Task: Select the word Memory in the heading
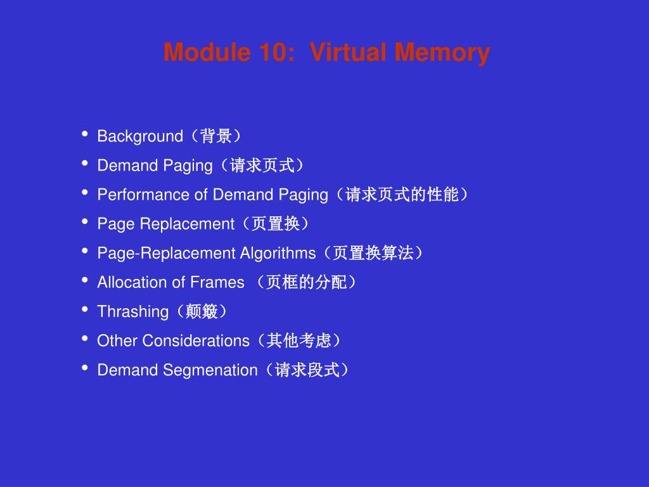click(x=442, y=52)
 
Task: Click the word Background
click(x=139, y=136)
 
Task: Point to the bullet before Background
click(x=85, y=134)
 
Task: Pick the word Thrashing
click(x=132, y=311)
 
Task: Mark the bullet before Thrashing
click(x=85, y=309)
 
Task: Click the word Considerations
click(x=196, y=341)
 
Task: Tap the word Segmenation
click(x=210, y=370)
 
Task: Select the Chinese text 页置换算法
click(x=373, y=253)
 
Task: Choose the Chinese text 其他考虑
click(x=299, y=341)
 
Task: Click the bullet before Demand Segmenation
click(x=85, y=368)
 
